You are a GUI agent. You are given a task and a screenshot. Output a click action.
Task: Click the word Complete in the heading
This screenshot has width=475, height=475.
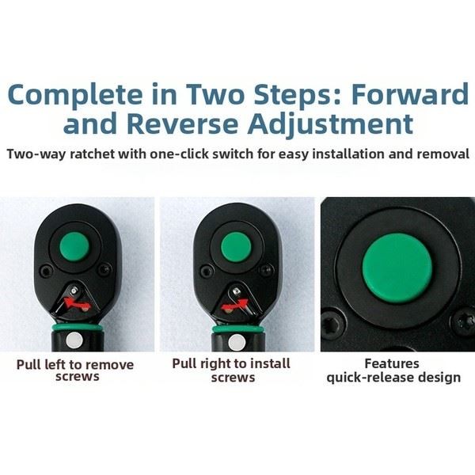click(75, 96)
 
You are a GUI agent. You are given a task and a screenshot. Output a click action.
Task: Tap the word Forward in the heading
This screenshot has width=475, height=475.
click(410, 94)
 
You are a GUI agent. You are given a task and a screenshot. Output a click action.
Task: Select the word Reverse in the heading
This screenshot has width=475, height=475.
click(182, 124)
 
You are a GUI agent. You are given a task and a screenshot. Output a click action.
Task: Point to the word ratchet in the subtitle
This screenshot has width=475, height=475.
click(92, 154)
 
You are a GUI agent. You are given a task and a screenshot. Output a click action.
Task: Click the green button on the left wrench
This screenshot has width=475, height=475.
click(74, 246)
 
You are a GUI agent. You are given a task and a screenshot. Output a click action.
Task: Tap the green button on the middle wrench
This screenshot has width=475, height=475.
click(236, 247)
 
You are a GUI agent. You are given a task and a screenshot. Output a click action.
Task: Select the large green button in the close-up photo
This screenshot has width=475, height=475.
click(397, 268)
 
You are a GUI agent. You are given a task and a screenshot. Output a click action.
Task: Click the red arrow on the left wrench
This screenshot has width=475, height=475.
click(77, 303)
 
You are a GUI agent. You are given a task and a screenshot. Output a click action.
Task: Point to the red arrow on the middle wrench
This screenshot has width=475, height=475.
click(235, 305)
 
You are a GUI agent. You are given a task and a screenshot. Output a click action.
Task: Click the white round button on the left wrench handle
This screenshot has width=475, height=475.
click(74, 340)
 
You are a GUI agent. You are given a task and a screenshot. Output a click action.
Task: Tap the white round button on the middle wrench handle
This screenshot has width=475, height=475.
click(237, 343)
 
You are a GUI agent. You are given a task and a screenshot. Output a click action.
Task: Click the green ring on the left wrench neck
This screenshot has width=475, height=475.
click(78, 328)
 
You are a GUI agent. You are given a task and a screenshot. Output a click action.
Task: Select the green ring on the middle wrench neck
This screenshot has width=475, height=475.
click(237, 329)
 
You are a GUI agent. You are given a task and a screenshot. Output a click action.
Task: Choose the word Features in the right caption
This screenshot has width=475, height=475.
click(392, 363)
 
